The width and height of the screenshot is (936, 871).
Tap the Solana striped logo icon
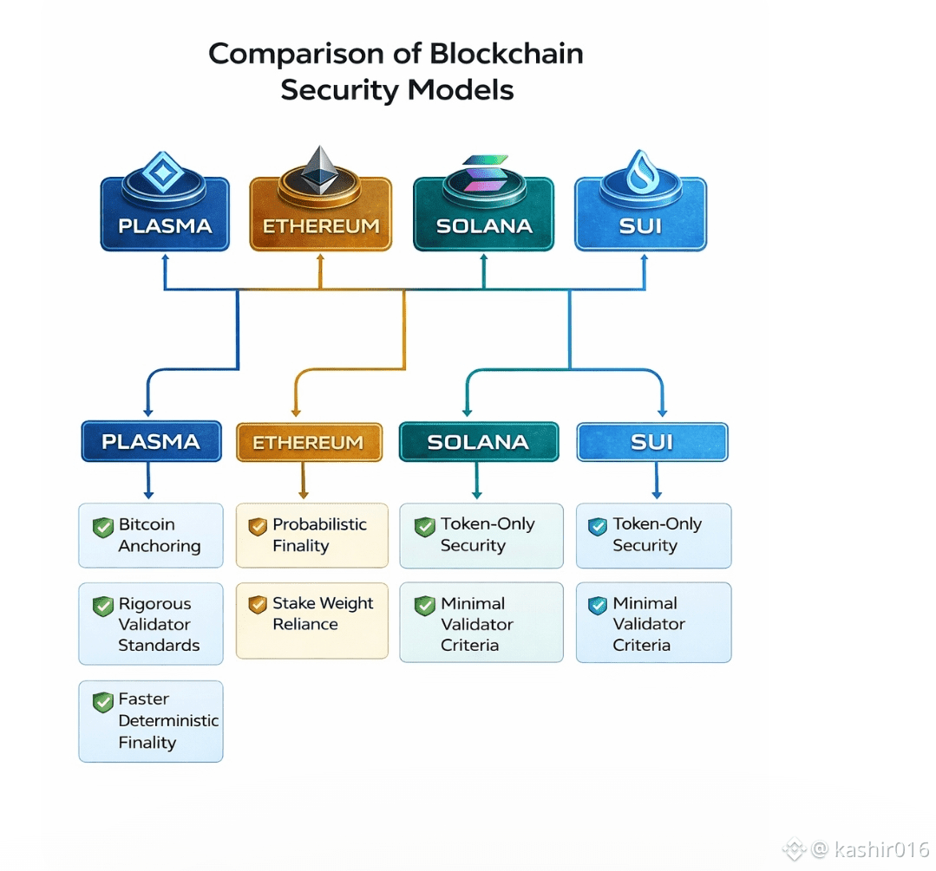tap(485, 173)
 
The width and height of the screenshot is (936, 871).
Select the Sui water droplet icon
tap(642, 169)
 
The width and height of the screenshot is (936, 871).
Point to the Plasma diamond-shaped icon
tap(163, 172)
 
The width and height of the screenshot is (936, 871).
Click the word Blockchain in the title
tap(507, 54)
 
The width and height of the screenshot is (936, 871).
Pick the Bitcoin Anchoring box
tap(151, 535)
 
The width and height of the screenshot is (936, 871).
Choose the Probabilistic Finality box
tap(312, 535)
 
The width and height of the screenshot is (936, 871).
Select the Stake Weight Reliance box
tap(312, 621)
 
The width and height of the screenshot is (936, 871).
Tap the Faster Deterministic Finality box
tap(151, 721)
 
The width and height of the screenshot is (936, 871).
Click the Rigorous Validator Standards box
tap(151, 623)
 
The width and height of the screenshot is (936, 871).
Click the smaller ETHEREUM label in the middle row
tap(309, 442)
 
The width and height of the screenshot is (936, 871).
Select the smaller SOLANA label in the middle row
tap(479, 441)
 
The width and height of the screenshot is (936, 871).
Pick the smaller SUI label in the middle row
tap(652, 441)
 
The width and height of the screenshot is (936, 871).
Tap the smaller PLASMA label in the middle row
tap(151, 441)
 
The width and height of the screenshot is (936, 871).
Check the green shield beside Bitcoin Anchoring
tap(103, 527)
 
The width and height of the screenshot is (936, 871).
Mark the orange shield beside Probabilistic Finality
tap(258, 526)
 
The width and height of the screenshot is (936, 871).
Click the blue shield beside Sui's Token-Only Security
tap(598, 526)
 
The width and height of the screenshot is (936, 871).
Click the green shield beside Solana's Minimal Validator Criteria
tap(424, 606)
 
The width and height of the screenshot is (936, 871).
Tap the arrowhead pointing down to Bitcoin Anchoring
tap(148, 495)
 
